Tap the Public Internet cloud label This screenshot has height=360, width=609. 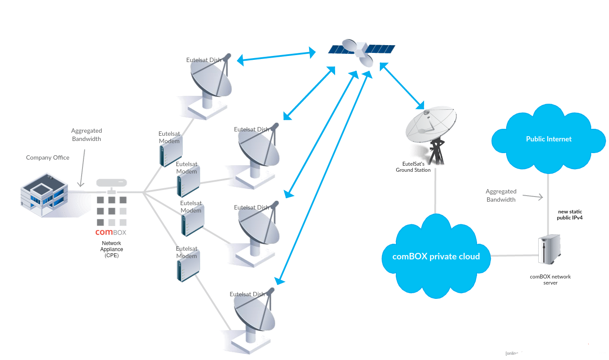(x=549, y=139)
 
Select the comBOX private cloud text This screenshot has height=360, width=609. (x=436, y=256)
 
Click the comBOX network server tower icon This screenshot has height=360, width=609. (x=549, y=249)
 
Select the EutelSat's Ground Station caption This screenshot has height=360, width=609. (x=413, y=167)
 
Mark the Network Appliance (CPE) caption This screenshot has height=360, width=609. (x=112, y=249)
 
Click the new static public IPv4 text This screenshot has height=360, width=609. (x=569, y=215)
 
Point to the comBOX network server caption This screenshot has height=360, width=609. (x=550, y=279)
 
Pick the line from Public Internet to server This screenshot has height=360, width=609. (x=549, y=204)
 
